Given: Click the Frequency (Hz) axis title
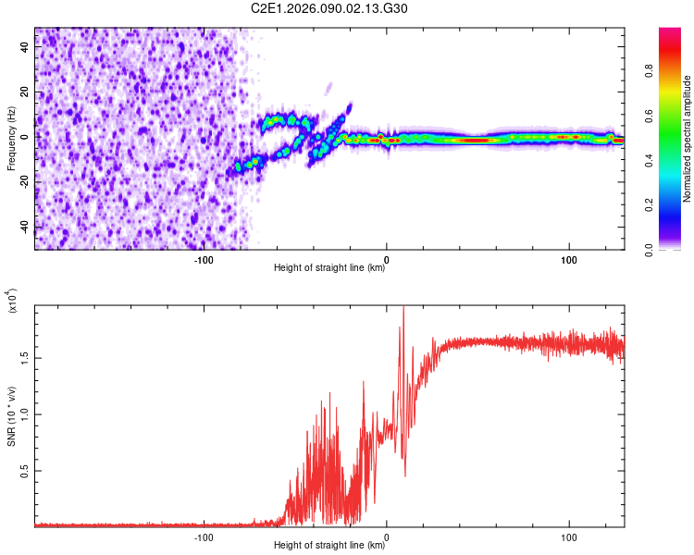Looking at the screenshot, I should click(x=11, y=138).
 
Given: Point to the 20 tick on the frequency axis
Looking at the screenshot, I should click(x=25, y=92).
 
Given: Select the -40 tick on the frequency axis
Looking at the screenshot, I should click(x=25, y=227).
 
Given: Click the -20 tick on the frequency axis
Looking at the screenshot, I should click(x=25, y=182).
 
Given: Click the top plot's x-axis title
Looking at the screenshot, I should click(x=329, y=268).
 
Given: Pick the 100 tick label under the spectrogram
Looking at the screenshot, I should click(x=569, y=258).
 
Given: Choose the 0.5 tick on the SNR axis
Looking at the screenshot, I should click(x=25, y=470).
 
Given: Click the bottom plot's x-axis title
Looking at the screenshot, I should click(x=329, y=544).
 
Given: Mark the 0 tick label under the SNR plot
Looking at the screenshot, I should click(x=387, y=535).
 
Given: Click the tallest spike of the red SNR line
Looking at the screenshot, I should click(x=403, y=308).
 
